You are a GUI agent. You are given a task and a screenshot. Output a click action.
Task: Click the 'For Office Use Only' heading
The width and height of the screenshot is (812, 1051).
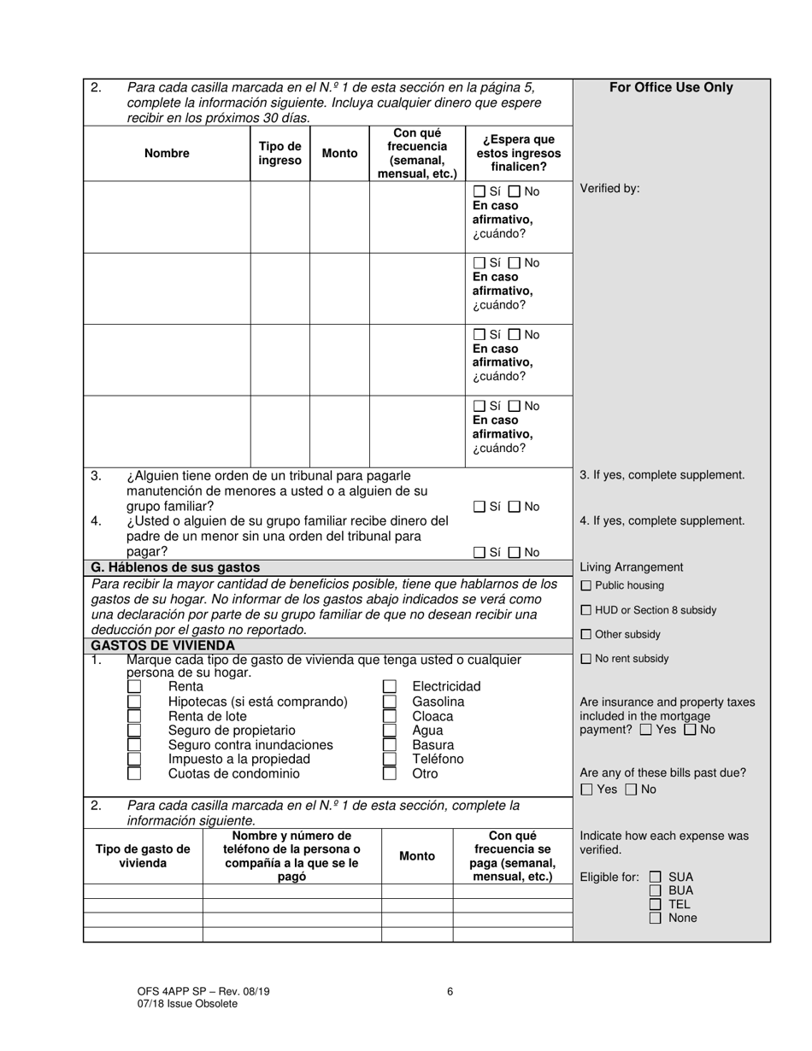(671, 87)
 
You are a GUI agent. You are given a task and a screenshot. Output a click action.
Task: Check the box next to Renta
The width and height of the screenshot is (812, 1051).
(134, 686)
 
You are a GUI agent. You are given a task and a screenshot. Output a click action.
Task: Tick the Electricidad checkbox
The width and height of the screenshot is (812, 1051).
(390, 686)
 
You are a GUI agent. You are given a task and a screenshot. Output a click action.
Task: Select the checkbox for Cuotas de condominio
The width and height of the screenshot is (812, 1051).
(134, 773)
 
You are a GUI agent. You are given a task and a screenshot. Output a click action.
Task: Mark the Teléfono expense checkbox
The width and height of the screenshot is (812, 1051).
(390, 759)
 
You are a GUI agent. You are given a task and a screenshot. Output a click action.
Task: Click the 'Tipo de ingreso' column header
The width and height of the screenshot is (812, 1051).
(280, 154)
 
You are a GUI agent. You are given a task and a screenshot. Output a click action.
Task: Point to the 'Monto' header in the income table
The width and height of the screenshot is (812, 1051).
(339, 154)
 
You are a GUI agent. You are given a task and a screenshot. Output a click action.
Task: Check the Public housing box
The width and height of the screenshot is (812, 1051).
(585, 586)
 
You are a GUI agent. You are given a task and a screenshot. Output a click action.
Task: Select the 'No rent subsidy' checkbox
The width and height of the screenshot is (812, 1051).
(585, 659)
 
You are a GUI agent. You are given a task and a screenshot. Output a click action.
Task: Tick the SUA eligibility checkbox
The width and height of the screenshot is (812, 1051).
(656, 877)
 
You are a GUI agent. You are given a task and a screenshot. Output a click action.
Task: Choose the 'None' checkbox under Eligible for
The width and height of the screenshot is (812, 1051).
(656, 918)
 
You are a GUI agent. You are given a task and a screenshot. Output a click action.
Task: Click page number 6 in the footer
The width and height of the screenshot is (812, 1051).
(450, 991)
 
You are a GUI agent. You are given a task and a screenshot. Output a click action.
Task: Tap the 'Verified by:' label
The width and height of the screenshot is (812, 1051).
(609, 188)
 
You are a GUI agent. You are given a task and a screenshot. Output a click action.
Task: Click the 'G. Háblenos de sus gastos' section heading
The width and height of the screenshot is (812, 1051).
(175, 567)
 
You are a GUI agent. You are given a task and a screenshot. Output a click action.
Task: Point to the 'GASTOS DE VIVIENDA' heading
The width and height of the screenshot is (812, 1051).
(162, 645)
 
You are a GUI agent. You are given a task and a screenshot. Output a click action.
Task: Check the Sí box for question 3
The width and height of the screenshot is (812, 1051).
(479, 507)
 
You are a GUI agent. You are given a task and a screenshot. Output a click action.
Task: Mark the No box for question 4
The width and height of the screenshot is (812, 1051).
(515, 553)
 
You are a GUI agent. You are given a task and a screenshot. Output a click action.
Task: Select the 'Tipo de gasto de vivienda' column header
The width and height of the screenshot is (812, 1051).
(143, 855)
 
